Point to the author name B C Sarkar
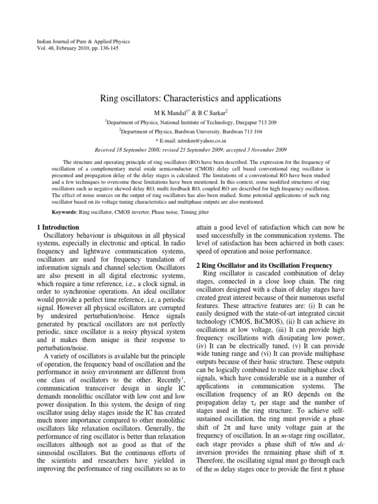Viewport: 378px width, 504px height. [210, 112]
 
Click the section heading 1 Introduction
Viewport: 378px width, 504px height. [58, 227]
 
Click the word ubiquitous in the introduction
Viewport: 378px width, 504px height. [125, 236]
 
